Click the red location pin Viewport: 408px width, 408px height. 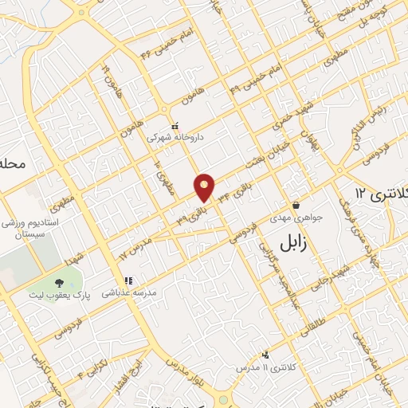(x=205, y=187)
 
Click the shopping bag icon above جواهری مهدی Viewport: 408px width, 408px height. (x=296, y=204)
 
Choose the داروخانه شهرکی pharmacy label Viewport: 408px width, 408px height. (x=179, y=137)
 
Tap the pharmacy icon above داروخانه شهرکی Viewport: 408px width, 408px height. (x=176, y=125)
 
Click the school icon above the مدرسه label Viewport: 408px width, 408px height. (x=127, y=280)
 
